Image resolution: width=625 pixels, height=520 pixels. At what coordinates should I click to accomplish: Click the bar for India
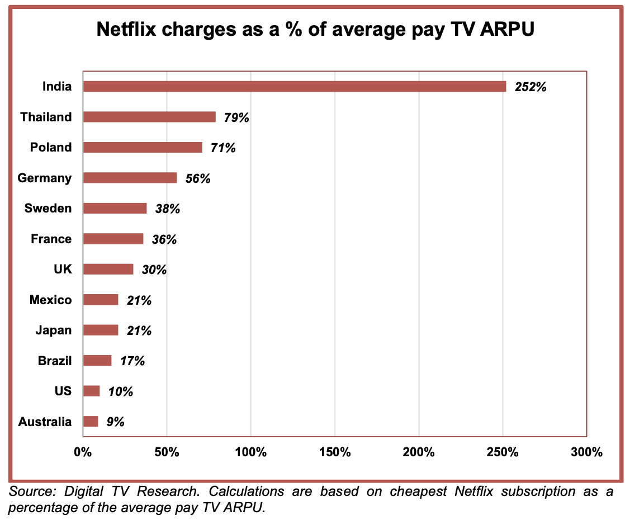tap(294, 87)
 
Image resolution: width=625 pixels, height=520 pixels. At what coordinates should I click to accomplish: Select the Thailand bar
tap(149, 117)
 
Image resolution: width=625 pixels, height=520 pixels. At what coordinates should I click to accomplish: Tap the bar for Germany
tap(130, 178)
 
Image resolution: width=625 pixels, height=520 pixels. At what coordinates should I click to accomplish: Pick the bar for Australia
tap(91, 422)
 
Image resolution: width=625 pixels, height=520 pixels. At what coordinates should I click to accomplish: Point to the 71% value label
tap(223, 148)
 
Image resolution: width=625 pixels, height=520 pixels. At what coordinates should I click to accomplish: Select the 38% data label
tap(167, 209)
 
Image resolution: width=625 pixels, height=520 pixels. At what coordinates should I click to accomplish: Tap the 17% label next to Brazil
tap(132, 361)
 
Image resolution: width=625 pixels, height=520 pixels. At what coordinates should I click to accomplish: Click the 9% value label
tap(116, 422)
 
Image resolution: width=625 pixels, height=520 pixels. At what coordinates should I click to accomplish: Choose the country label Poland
tap(51, 148)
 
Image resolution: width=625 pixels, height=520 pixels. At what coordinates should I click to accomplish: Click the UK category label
tap(63, 270)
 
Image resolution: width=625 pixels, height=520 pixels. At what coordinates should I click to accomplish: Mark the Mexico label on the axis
tap(50, 300)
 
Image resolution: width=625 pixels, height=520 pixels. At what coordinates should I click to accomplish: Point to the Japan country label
tap(54, 330)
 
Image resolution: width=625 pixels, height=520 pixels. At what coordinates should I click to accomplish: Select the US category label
tap(63, 391)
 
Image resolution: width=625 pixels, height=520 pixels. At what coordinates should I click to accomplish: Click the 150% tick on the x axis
tap(334, 452)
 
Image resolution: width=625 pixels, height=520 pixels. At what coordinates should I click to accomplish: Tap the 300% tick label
tap(586, 452)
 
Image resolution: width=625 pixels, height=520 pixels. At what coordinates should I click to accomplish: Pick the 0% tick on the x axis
tap(83, 452)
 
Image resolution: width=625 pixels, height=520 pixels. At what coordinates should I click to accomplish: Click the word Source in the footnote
tap(30, 492)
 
